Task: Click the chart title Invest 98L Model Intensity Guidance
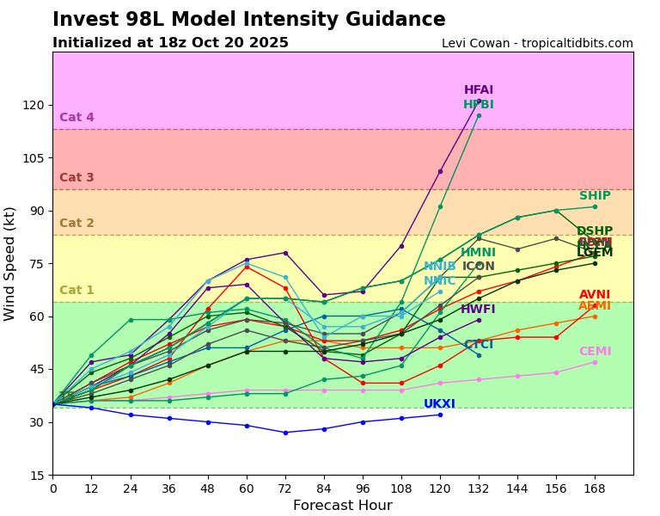tap(248, 20)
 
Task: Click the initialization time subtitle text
tap(170, 43)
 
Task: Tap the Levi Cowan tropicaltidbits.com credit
tap(537, 44)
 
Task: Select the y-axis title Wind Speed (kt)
tap(10, 263)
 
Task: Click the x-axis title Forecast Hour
tap(342, 506)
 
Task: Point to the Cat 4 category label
tap(76, 118)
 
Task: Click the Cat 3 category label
tap(76, 178)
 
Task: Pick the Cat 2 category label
tap(76, 224)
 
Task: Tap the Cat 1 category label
tap(76, 291)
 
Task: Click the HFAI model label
tap(479, 90)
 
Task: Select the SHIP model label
tap(595, 196)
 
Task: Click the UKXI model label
tap(439, 404)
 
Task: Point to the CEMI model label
tap(595, 352)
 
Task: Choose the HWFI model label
tap(478, 310)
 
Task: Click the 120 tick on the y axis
tap(34, 105)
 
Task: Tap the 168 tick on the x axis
tap(595, 488)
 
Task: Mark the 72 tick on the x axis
tap(285, 488)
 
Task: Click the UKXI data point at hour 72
tap(285, 433)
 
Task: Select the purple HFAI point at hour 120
tap(440, 171)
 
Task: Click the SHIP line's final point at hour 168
tap(595, 206)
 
